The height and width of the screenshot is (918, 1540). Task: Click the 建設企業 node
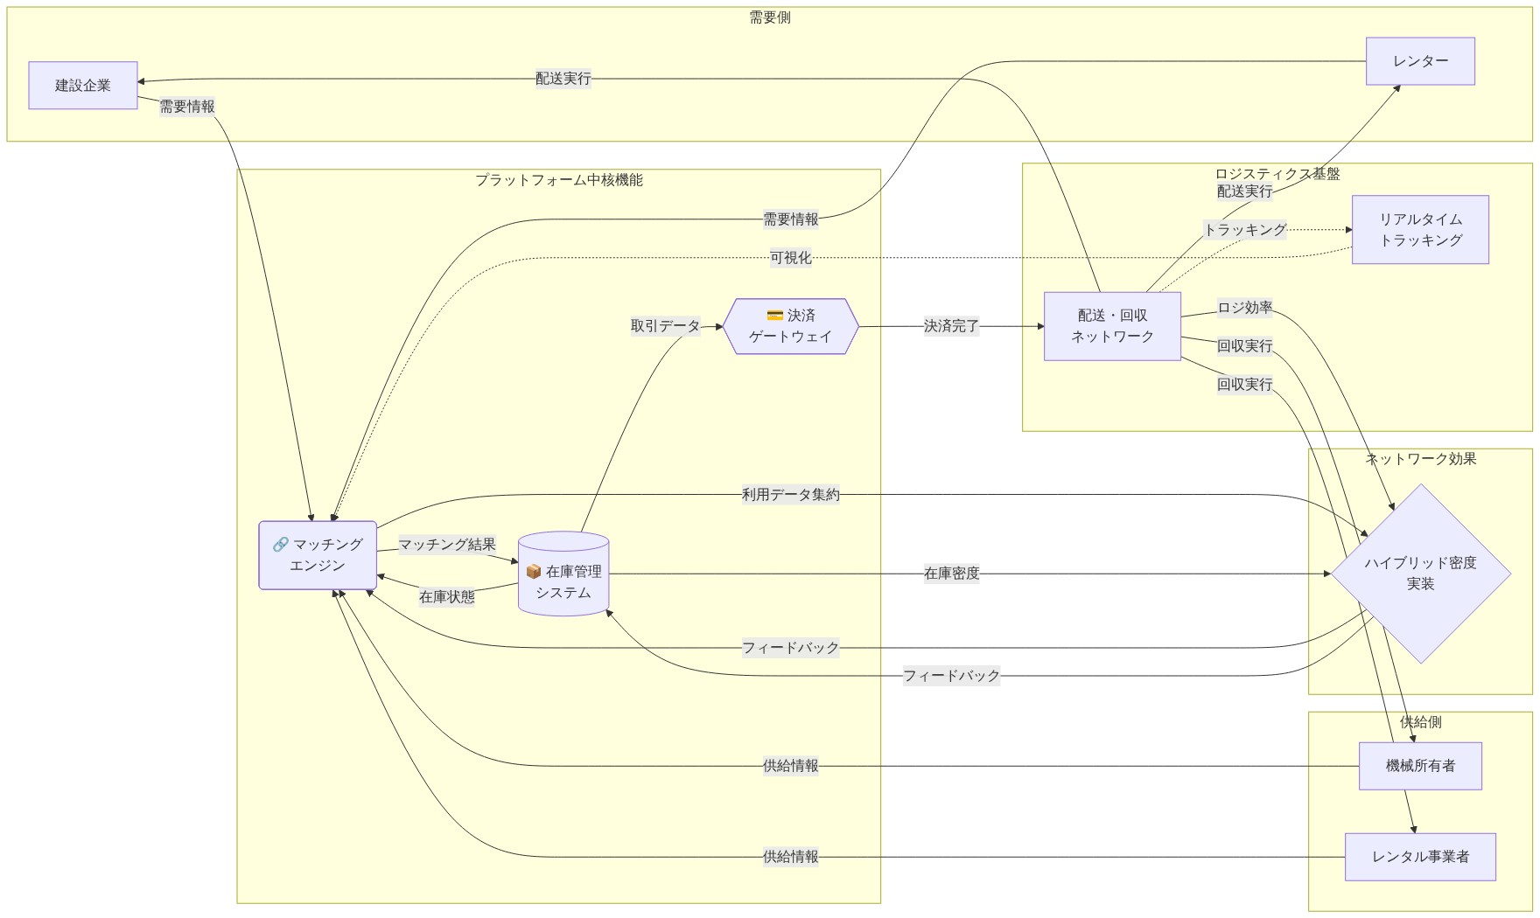point(83,86)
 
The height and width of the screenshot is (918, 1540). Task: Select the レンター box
point(1420,61)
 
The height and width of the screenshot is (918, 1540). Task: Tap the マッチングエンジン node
point(318,555)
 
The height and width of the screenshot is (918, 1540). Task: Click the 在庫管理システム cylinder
point(563,577)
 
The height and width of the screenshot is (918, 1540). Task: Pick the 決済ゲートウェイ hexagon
point(790,326)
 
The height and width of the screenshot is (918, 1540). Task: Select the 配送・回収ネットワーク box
point(1112,326)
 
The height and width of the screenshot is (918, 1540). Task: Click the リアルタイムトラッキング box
point(1420,230)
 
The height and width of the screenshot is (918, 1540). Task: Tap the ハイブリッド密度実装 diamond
point(1420,574)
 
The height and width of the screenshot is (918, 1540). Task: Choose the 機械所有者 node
point(1420,766)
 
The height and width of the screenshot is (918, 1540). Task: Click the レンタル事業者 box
point(1420,857)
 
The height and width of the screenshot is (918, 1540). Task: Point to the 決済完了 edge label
point(951,326)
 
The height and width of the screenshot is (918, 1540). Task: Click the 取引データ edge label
point(666,326)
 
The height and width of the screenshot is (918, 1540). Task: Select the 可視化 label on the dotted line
point(790,258)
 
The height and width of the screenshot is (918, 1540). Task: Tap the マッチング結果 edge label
point(447,545)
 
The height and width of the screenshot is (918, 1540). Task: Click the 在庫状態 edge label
point(447,597)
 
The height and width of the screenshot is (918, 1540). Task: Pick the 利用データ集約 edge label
point(790,495)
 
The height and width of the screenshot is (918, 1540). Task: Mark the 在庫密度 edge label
point(951,574)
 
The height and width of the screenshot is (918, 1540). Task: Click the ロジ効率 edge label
point(1245,308)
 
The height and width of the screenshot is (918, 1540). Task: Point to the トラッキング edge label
point(1245,230)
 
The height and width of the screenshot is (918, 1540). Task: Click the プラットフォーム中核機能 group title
point(559,180)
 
